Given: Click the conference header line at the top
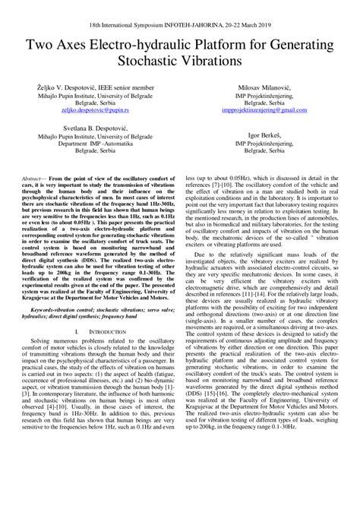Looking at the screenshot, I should [179, 25].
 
